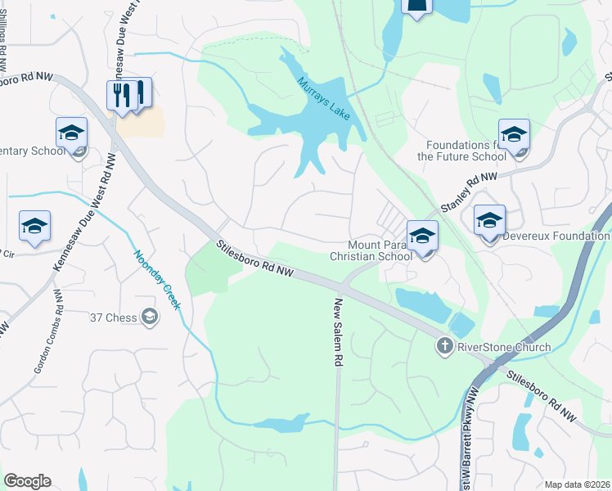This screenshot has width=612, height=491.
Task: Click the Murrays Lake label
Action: (323, 97)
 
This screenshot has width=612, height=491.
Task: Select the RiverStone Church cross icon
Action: (444, 346)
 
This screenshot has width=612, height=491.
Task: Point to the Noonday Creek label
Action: (158, 279)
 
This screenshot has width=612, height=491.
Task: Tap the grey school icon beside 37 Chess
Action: (150, 316)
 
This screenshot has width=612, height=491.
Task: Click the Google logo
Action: (27, 481)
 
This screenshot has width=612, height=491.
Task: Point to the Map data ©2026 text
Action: (577, 484)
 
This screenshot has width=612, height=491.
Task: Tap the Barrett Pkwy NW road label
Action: (469, 442)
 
